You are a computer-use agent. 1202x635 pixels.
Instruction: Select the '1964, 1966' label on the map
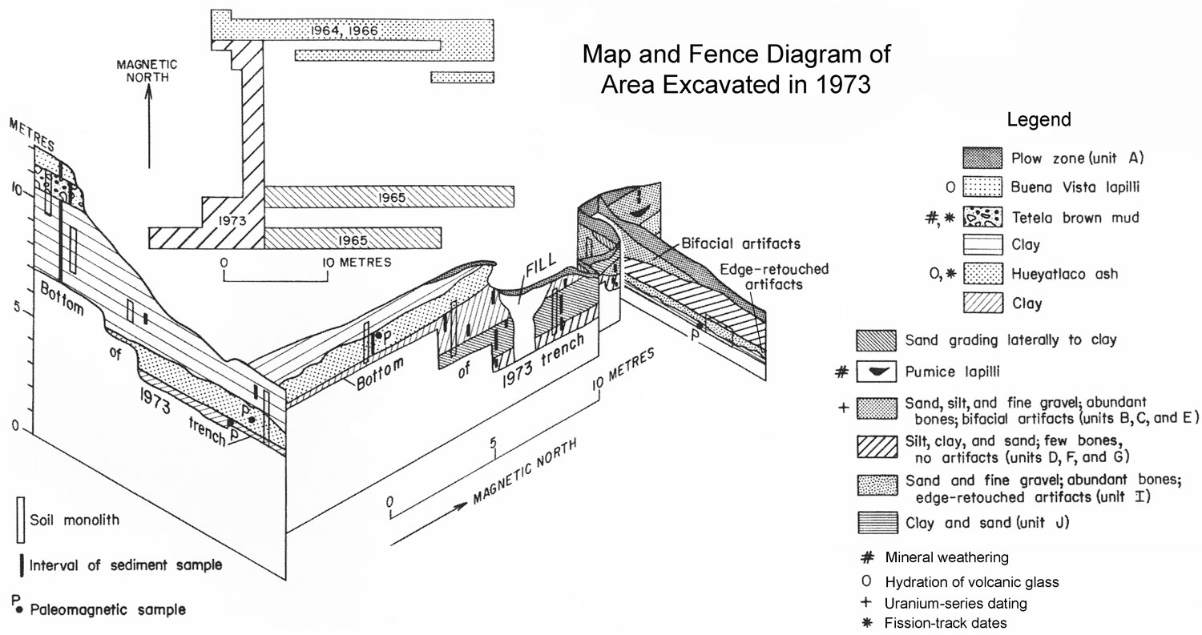click(343, 31)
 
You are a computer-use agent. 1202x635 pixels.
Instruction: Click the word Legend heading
click(1039, 120)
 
